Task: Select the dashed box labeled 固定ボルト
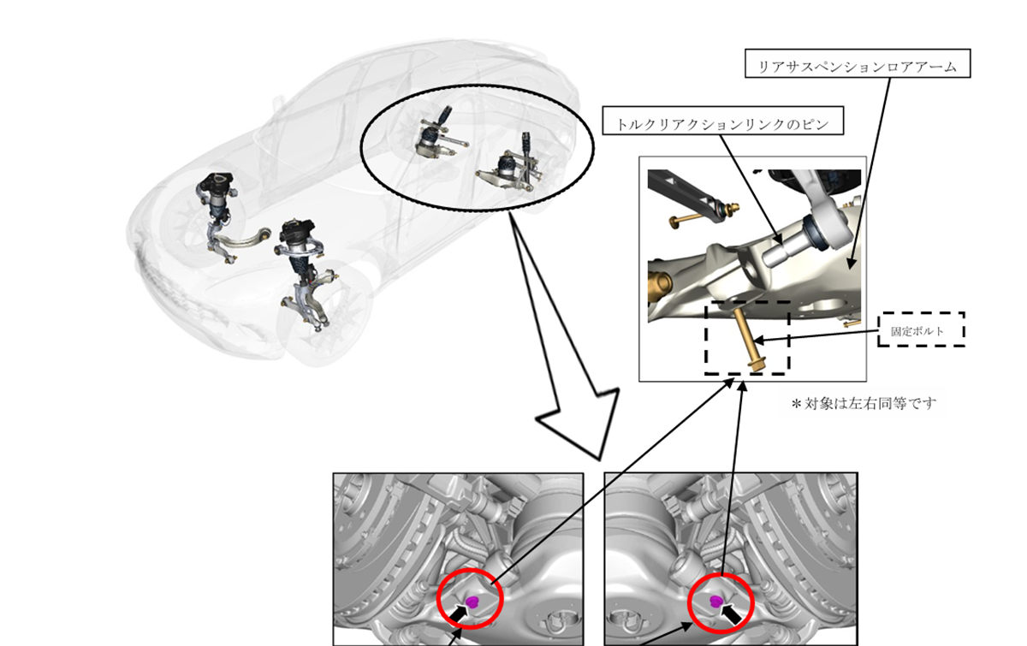coord(922,329)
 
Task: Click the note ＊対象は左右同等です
coord(864,404)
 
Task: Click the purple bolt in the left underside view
coord(472,601)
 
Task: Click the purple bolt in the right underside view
coord(715,601)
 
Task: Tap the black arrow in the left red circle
coord(460,613)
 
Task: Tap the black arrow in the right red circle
coord(732,613)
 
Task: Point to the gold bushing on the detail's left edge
coord(659,286)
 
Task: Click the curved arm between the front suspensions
coord(243,238)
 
